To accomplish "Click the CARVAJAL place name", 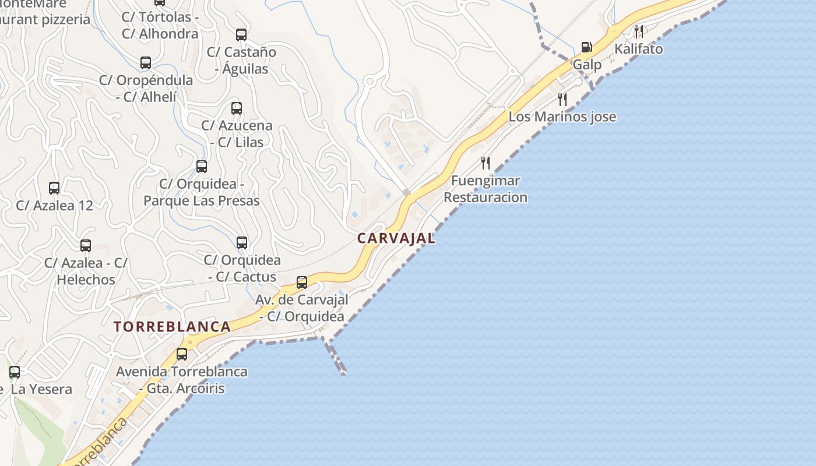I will coord(396,238).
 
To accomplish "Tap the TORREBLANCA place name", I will coord(173,326).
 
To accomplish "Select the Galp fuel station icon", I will coord(586,47).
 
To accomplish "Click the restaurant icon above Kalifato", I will coord(639,31).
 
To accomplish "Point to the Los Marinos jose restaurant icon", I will coord(562,99).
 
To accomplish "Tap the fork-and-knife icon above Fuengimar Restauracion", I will coord(486,163).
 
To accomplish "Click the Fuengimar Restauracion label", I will coord(486,189).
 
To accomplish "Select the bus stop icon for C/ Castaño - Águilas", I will coord(241,35).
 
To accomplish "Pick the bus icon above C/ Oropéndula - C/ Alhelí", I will coord(146,63).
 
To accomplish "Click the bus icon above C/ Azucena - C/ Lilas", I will coord(236,108).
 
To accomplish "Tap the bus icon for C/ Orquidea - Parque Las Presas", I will coord(202,167).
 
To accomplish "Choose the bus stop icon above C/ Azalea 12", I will coord(54,188).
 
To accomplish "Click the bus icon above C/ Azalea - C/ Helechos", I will coord(86,246).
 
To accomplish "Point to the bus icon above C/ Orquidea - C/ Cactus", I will coord(242,243).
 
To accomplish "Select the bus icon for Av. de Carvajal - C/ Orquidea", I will coord(302,283).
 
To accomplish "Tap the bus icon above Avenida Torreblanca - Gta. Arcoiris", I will coord(182,354).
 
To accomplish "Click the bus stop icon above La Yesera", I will coord(15,372).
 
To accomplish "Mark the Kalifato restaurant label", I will coord(639,49).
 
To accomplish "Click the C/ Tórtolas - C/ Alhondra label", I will coord(160,25).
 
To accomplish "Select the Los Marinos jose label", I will coord(562,116).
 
